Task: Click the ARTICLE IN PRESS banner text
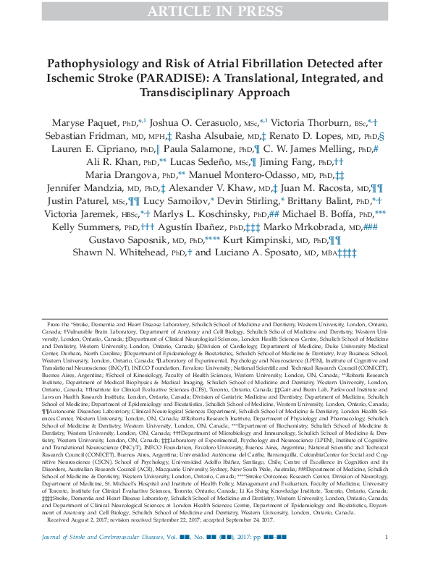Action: [214, 10]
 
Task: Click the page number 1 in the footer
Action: [387, 556]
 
